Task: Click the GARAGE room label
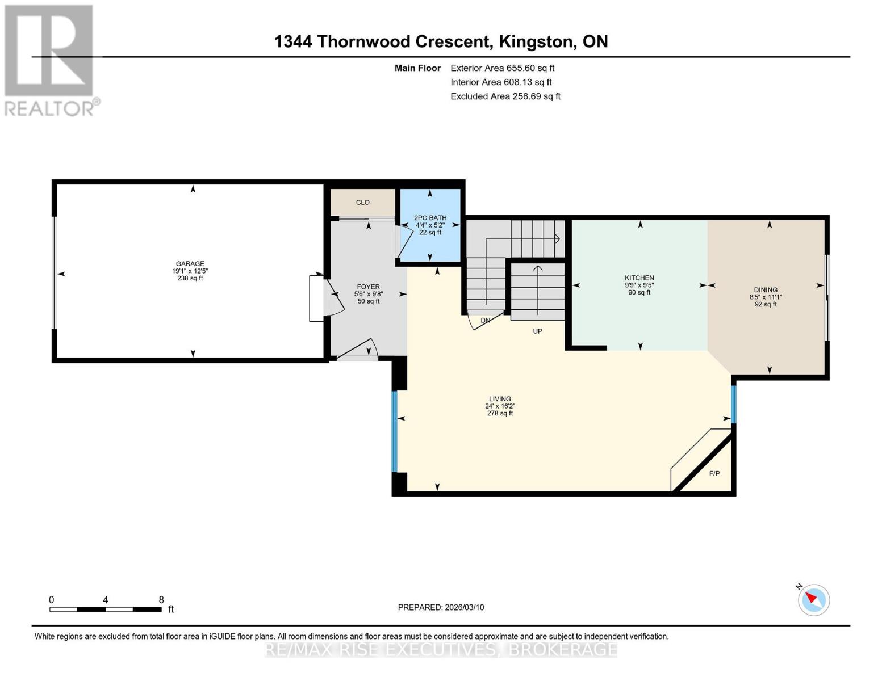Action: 190,264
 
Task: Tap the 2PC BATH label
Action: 430,218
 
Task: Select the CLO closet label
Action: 362,203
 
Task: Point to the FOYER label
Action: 368,287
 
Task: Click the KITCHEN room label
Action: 639,278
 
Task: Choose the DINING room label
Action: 766,290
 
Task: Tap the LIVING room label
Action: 500,399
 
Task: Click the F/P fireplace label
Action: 714,473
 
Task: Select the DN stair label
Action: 485,321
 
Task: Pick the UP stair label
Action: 537,331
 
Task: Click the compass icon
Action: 813,599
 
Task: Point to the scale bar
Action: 105,609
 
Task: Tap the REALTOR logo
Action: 50,60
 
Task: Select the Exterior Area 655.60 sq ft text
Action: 502,68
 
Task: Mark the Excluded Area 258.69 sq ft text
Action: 505,96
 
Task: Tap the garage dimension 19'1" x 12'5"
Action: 190,271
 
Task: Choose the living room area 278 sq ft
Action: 500,414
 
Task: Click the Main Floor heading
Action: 417,68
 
